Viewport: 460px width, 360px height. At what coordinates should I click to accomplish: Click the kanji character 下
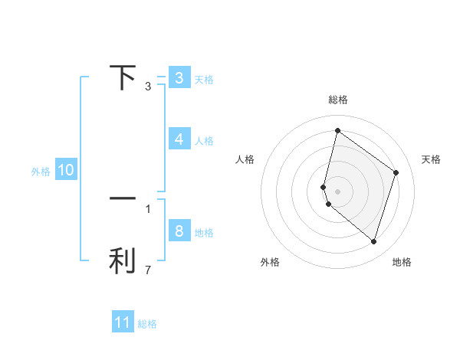(x=123, y=77)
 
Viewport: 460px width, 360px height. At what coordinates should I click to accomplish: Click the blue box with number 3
(x=179, y=78)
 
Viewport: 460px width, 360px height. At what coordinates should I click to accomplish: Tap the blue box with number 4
(x=179, y=139)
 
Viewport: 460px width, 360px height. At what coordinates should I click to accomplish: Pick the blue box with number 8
(x=179, y=231)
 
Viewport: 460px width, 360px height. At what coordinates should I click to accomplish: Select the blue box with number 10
(x=66, y=170)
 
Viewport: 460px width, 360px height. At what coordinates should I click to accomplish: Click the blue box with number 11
(x=123, y=322)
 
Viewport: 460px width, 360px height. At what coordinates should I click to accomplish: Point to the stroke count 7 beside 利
(x=148, y=270)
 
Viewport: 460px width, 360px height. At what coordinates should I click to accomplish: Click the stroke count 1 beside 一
(x=148, y=208)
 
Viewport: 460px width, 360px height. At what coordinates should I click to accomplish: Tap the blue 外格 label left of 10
(x=41, y=172)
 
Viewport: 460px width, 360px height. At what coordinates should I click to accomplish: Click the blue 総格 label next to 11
(x=147, y=324)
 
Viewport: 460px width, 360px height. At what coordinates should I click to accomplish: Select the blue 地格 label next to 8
(x=204, y=233)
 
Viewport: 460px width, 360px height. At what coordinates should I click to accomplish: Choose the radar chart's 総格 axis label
(x=337, y=100)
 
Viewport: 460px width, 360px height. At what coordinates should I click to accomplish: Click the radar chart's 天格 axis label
(x=432, y=159)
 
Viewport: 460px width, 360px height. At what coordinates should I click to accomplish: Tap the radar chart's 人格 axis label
(x=245, y=159)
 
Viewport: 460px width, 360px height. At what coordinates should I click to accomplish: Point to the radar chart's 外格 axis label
(x=270, y=262)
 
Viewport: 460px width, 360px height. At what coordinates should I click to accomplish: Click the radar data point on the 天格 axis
(x=396, y=172)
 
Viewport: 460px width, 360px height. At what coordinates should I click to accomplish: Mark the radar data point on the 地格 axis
(x=374, y=242)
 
